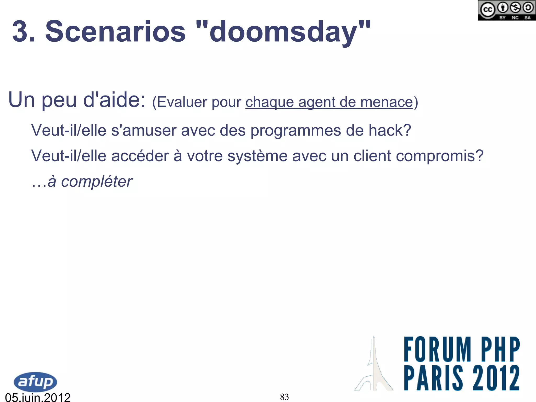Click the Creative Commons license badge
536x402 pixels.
click(x=506, y=10)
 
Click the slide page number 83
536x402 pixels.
click(x=284, y=397)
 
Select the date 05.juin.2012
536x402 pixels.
click(x=38, y=397)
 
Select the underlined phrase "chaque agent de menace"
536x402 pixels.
click(x=329, y=102)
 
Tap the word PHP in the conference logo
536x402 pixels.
click(x=500, y=349)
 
